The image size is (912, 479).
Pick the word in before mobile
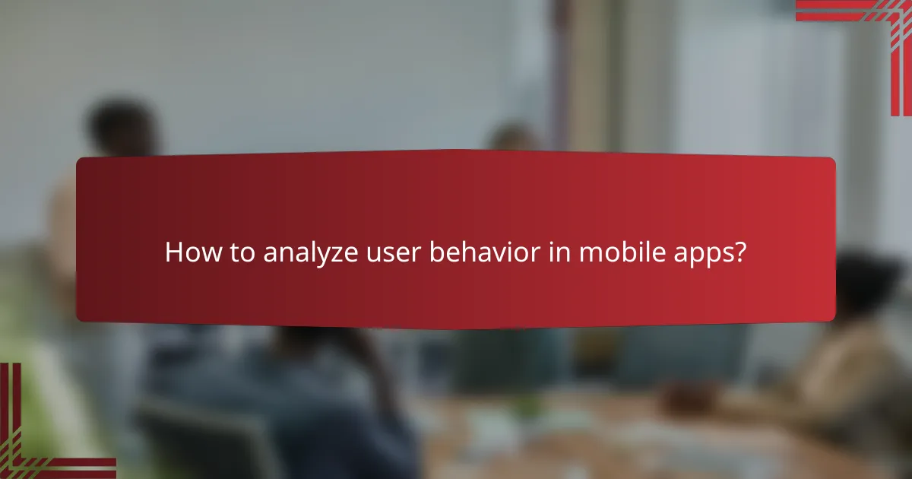click(559, 253)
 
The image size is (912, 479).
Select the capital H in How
click(174, 253)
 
